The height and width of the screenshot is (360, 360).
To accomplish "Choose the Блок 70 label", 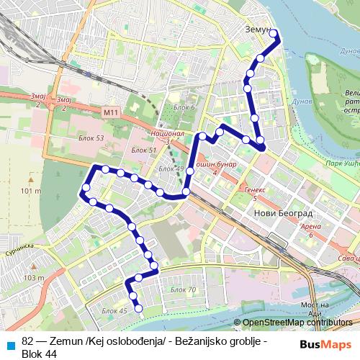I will tap(183, 289).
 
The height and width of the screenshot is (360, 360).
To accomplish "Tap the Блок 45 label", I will tap(114, 310).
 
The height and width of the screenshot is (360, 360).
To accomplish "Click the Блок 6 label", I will tap(184, 108).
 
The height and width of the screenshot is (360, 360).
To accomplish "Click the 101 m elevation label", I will tap(32, 192).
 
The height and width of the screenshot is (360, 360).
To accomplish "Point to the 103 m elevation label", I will tap(34, 277).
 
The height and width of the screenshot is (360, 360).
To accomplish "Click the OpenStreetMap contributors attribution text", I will tap(297, 323).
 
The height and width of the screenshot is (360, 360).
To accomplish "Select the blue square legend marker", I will tap(11, 341).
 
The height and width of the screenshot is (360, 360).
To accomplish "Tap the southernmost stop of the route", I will tap(139, 311).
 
